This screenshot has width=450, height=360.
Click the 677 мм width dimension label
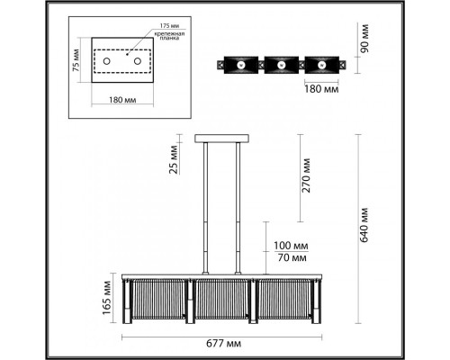[x=223, y=344]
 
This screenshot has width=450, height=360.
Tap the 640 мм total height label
[x=364, y=225]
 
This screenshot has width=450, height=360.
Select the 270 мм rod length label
[x=306, y=175]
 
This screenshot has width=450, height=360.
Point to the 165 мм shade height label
[x=107, y=297]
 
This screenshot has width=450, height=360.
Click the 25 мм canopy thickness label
[x=174, y=159]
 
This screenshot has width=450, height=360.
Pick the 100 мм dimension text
[x=291, y=246]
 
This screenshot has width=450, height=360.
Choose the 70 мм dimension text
[x=292, y=257]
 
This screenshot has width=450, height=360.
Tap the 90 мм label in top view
[x=364, y=39]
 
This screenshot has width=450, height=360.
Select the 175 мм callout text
[x=169, y=26]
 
